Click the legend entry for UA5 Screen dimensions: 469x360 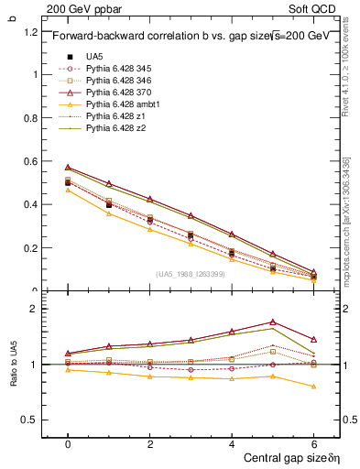click(x=94, y=56)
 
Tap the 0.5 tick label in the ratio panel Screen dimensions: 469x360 click(x=30, y=420)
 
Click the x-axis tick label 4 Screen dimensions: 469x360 click(x=232, y=442)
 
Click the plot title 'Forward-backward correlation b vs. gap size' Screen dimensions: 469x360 click(x=147, y=37)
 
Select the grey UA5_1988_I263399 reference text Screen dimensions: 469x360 click(x=193, y=274)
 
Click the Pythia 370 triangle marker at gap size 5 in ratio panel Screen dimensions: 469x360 click(x=274, y=322)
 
